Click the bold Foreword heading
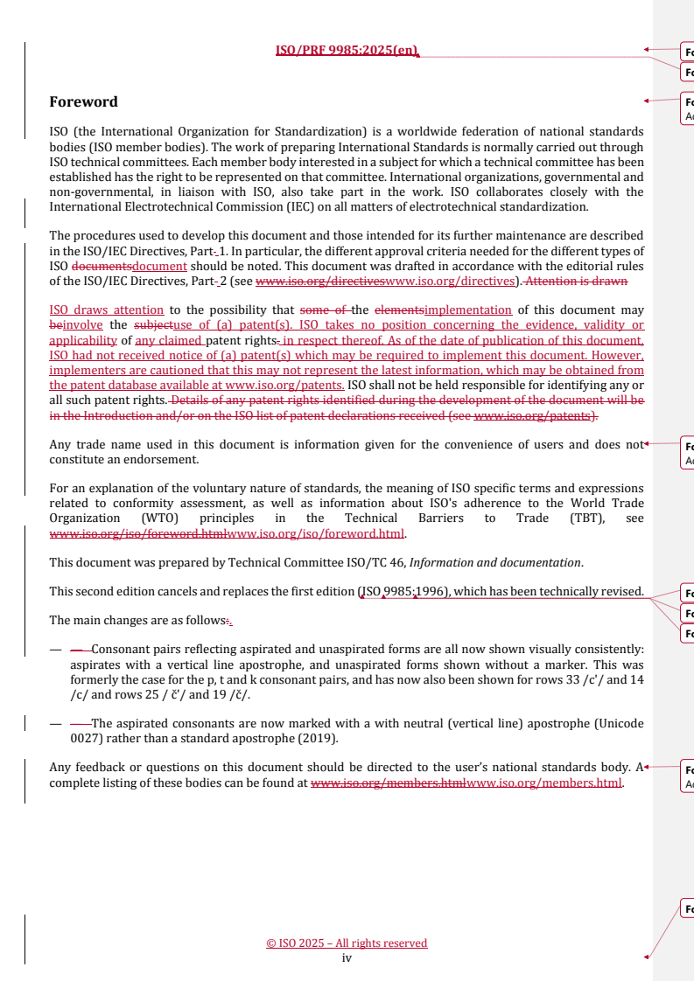pos(84,102)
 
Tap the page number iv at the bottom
pos(347,957)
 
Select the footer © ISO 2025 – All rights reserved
pos(347,943)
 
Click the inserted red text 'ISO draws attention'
pos(106,310)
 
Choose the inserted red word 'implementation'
pos(467,310)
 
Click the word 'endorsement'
pos(166,459)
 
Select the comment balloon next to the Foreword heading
pos(687,107)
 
